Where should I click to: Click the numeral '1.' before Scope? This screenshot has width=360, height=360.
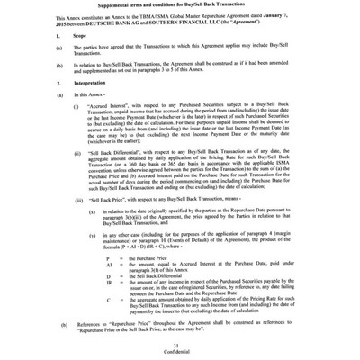33,42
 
